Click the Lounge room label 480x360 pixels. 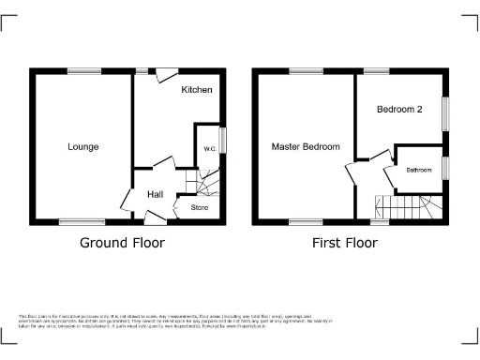[82, 147]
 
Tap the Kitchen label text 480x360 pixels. [197, 90]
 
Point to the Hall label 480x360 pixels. [156, 194]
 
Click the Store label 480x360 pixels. [200, 206]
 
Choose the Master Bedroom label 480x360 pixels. [306, 147]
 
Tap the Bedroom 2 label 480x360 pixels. [399, 110]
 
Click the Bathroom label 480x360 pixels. [418, 171]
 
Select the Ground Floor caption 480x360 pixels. [122, 243]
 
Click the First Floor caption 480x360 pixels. [345, 243]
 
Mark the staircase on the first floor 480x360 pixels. [405, 206]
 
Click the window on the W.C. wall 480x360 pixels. [223, 141]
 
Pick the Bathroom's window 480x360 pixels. [445, 169]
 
